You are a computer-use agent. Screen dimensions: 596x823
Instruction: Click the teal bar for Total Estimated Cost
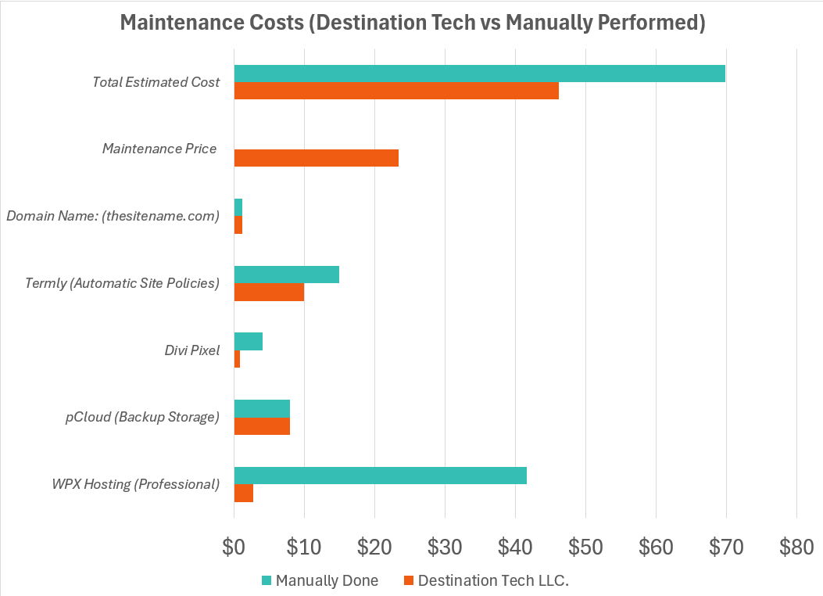tap(479, 74)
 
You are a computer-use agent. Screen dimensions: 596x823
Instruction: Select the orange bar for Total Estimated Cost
tap(396, 91)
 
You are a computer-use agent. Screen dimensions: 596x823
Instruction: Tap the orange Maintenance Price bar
tap(316, 158)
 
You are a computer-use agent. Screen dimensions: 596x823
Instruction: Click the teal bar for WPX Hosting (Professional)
tap(380, 476)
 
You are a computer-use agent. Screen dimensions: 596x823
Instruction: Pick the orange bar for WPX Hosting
tap(244, 493)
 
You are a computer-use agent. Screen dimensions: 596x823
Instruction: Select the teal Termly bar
tap(286, 275)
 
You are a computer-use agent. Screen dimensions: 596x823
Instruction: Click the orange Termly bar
tap(269, 292)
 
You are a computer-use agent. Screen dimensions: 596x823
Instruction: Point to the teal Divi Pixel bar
tap(249, 342)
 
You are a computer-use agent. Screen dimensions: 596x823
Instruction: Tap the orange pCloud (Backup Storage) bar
tap(262, 425)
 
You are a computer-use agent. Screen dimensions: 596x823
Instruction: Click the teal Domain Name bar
tap(238, 207)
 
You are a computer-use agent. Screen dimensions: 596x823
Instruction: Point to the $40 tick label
tap(515, 548)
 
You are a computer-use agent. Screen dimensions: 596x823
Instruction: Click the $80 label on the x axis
tap(796, 548)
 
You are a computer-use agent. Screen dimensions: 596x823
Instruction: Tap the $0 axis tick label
tap(234, 548)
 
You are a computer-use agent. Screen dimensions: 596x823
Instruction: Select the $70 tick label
tap(726, 548)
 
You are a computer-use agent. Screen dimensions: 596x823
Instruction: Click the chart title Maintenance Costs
tap(412, 23)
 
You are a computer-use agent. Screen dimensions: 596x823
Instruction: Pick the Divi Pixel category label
tap(187, 350)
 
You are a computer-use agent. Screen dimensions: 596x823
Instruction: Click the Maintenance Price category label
tap(159, 149)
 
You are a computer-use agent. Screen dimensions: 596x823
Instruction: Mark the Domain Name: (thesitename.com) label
tap(113, 216)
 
